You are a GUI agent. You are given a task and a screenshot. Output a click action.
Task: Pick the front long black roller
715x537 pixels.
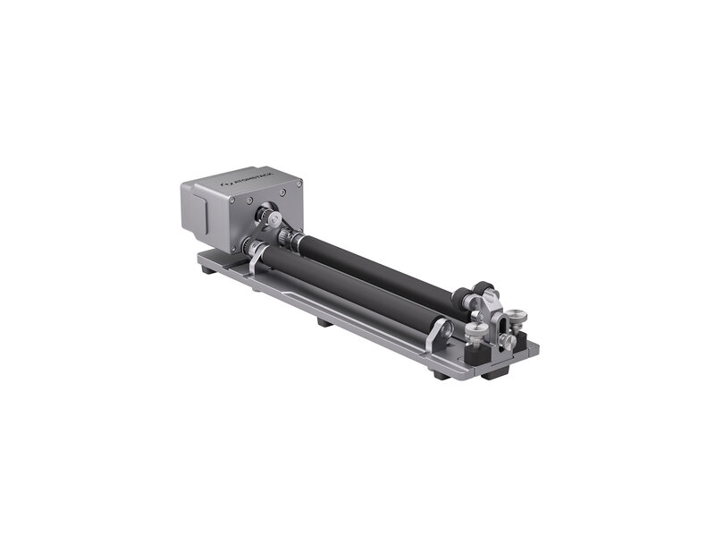349,287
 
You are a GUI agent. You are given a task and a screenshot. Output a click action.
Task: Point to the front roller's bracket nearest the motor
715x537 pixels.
256,253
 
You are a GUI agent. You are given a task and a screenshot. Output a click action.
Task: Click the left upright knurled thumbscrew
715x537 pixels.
478,332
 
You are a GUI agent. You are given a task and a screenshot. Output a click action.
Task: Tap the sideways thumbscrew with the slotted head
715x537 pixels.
508,341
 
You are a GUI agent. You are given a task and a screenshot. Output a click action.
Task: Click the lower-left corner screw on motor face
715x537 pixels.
233,246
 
